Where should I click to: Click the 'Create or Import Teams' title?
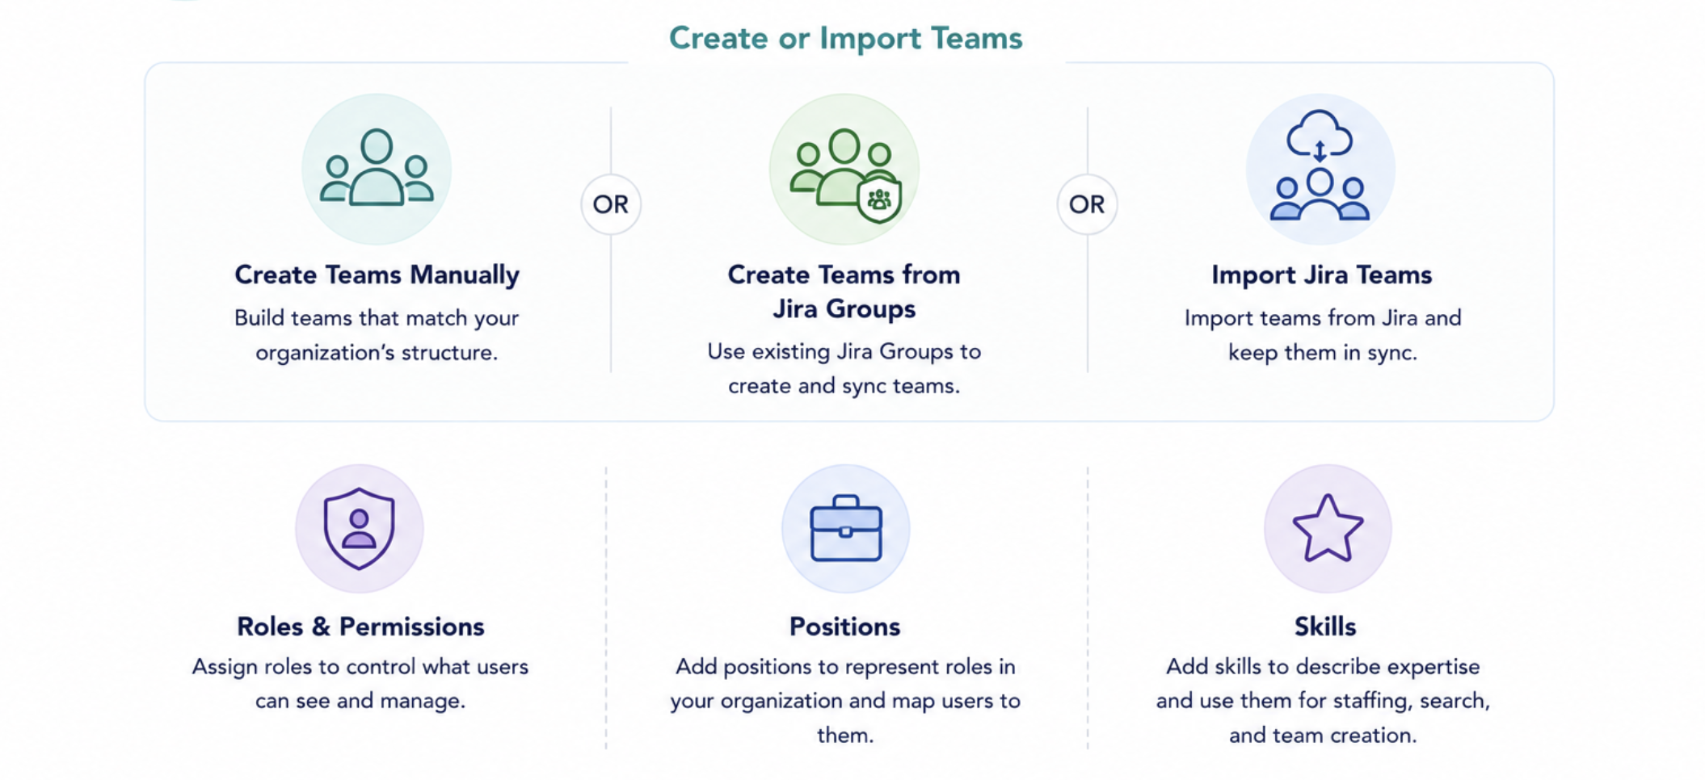pyautogui.click(x=845, y=38)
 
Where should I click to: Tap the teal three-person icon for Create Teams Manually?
pyautogui.click(x=377, y=168)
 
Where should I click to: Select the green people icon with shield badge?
pyautogui.click(x=844, y=174)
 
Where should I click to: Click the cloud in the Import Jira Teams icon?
pyautogui.click(x=1319, y=132)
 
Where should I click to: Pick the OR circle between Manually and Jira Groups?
pyautogui.click(x=611, y=204)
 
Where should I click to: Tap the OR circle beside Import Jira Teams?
pyautogui.click(x=1087, y=204)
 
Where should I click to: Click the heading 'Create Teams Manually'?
pyautogui.click(x=377, y=275)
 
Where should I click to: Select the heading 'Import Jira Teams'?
pyautogui.click(x=1322, y=275)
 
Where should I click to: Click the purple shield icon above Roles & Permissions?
pyautogui.click(x=360, y=529)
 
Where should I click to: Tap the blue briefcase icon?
pyautogui.click(x=845, y=528)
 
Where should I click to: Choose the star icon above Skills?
pyautogui.click(x=1328, y=528)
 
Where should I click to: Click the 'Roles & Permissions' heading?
pyautogui.click(x=360, y=627)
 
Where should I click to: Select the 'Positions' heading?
pyautogui.click(x=844, y=627)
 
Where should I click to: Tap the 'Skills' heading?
pyautogui.click(x=1325, y=627)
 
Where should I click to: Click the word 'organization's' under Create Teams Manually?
pyautogui.click(x=338, y=353)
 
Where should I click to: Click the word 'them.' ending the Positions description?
pyautogui.click(x=845, y=735)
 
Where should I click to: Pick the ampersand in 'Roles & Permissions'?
pyautogui.click(x=321, y=627)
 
